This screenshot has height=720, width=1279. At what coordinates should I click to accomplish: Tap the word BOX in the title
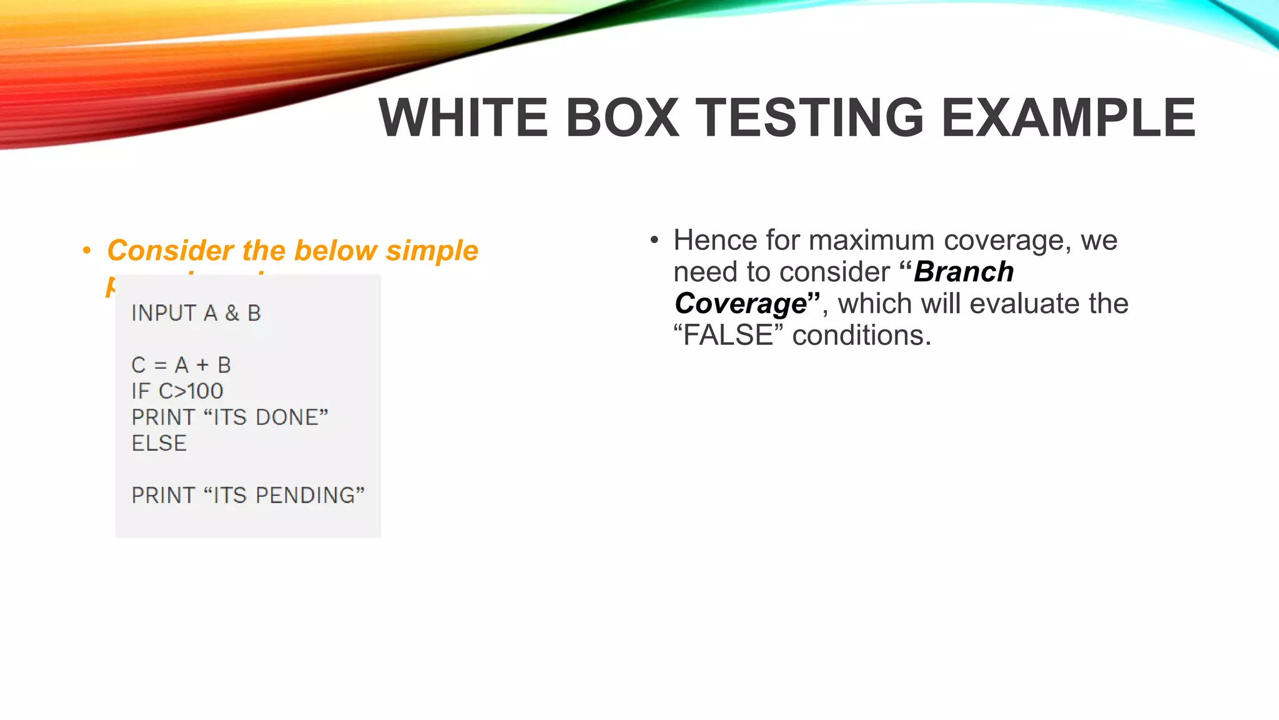pos(622,117)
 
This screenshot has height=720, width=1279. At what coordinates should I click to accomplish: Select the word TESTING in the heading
pos(809,117)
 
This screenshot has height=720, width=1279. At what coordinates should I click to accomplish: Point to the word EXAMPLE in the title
pos(1067,117)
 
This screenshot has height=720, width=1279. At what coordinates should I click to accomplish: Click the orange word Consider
pos(170,251)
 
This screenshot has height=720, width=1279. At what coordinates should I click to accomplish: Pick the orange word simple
pos(432,251)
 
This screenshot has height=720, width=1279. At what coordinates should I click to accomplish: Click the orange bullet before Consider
pos(87,251)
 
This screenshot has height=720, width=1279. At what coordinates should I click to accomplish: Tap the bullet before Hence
pos(654,241)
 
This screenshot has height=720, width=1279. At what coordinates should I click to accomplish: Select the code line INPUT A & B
pos(195,313)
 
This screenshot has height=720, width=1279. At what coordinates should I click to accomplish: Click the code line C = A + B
pos(181,365)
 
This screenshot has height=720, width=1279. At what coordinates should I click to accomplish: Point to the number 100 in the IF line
pos(205,391)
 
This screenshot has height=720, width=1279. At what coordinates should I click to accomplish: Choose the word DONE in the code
pos(287,417)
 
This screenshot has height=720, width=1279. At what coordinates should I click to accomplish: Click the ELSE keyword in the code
pos(159,444)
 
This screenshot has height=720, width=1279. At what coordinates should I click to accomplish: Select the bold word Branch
pos(964,272)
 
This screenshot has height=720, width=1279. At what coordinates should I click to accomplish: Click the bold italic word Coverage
pos(741,304)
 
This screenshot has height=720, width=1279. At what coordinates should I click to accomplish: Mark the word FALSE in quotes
pos(728,336)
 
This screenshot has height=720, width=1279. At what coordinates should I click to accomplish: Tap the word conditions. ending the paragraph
pos(862,336)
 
